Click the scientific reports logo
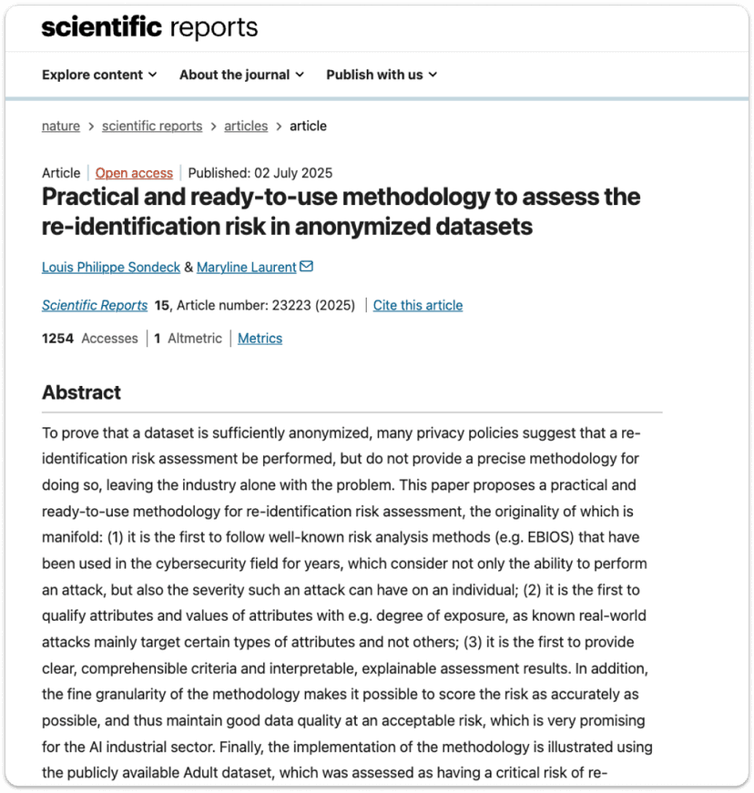[x=149, y=27]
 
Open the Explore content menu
[x=99, y=75]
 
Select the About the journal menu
[x=241, y=75]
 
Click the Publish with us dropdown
[x=382, y=75]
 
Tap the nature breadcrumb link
[x=61, y=126]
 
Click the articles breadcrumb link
[x=246, y=126]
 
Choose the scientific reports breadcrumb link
[x=152, y=126]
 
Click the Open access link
[x=134, y=173]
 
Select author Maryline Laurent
[x=247, y=267]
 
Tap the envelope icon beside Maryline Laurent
[x=307, y=267]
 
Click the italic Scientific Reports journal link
[x=95, y=305]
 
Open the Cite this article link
[x=418, y=305]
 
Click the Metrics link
[x=260, y=338]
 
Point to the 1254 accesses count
[x=57, y=338]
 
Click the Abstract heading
[x=81, y=392]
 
